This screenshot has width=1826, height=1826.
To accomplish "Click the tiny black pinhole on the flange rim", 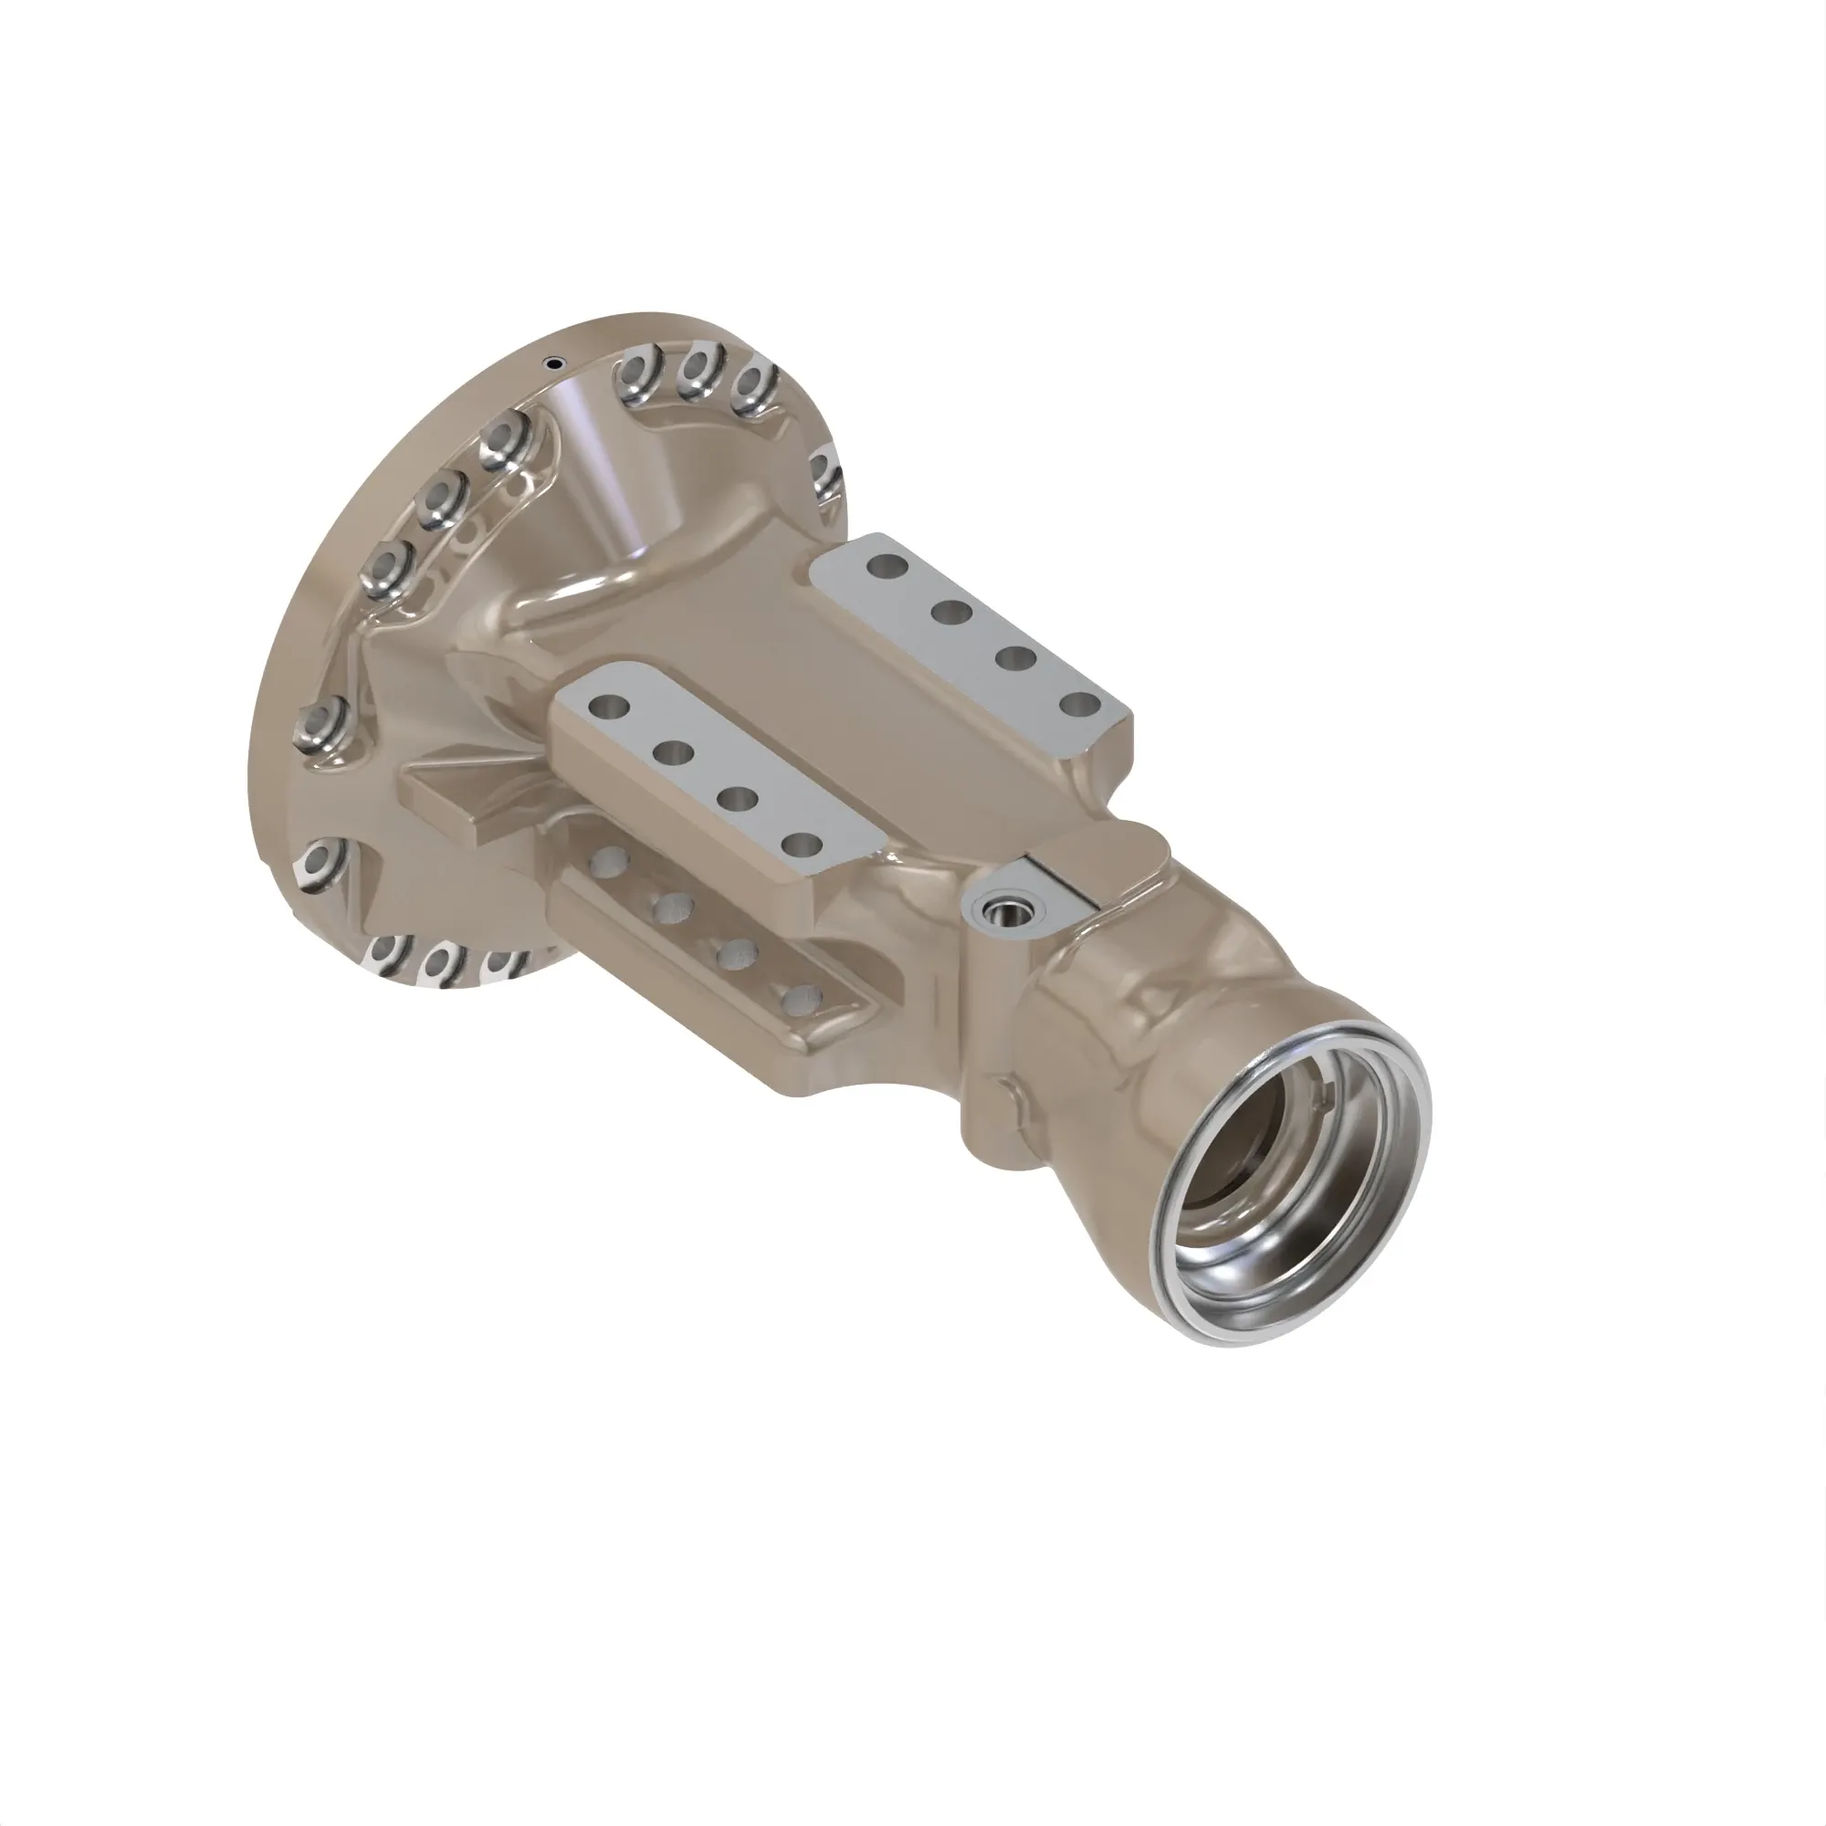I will click(554, 362).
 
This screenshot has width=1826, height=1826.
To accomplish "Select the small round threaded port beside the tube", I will click(1002, 912).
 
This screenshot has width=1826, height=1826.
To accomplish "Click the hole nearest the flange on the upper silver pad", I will click(887, 567).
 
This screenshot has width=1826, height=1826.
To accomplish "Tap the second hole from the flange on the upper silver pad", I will click(951, 613).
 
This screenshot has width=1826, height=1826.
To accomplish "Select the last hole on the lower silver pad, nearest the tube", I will click(803, 844).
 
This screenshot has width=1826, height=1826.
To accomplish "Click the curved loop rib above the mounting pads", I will click(605, 576).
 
